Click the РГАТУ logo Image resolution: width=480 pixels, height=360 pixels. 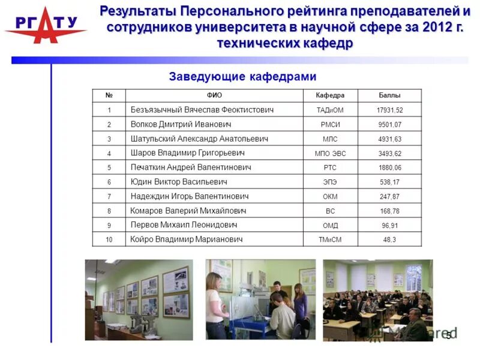point(44,25)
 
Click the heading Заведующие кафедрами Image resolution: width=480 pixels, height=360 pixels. point(242,77)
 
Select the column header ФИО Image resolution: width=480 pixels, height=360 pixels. point(214,95)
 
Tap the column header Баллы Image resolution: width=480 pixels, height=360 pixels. point(389,95)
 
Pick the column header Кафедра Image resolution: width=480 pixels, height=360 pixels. point(330,95)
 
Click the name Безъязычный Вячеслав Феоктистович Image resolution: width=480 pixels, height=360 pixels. point(202,110)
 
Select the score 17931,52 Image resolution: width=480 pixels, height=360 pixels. point(389,110)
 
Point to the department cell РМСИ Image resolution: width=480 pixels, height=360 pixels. point(330,125)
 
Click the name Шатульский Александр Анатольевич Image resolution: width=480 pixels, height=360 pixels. point(199,139)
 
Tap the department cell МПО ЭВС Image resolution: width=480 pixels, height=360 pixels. point(330,154)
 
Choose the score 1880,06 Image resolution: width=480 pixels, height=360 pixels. point(389,168)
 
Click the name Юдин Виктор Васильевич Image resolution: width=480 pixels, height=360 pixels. point(179,182)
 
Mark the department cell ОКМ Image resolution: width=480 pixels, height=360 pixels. point(330,197)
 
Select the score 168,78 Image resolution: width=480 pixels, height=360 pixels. point(389,211)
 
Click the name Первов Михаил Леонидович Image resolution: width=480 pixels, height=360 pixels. point(184,225)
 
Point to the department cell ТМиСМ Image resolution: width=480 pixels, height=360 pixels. point(330,240)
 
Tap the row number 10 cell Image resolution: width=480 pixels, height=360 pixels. point(109,240)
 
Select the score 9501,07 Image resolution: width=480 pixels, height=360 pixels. point(389,125)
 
